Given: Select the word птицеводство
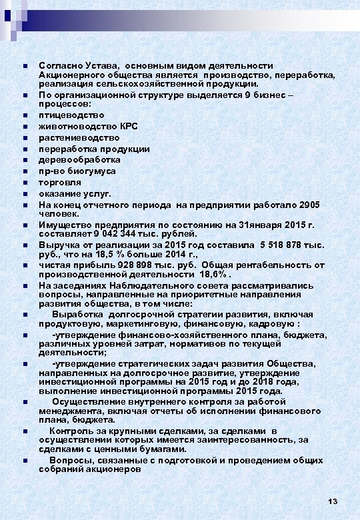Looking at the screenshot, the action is click(71, 115).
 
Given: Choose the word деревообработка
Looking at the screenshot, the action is click(79, 160).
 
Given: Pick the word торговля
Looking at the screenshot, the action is click(59, 182).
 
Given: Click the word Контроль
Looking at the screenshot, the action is click(70, 431).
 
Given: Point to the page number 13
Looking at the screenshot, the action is click(333, 501).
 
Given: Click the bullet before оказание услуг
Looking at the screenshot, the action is click(24, 194).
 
